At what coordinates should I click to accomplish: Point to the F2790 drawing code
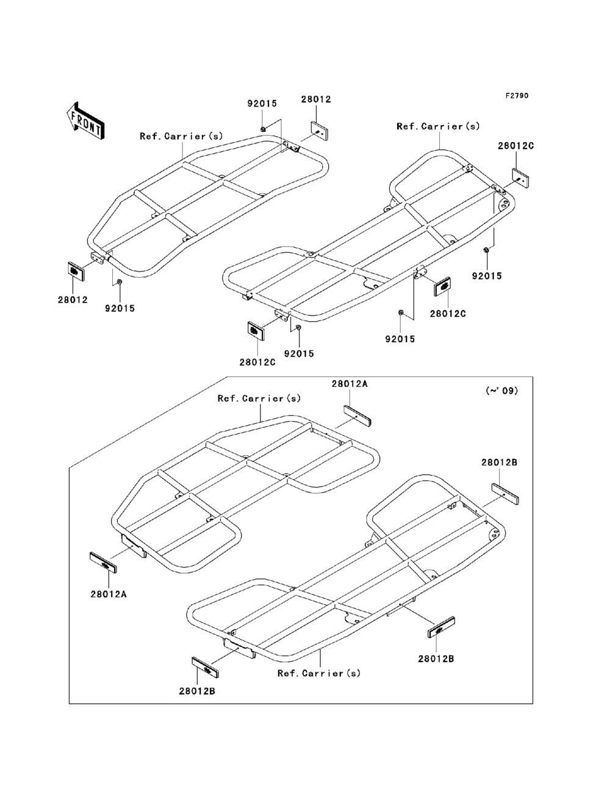click(516, 96)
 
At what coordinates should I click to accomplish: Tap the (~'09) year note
click(501, 391)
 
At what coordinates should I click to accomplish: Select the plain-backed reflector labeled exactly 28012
click(320, 130)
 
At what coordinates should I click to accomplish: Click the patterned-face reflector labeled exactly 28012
click(75, 270)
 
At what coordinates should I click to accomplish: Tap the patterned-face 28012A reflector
click(103, 562)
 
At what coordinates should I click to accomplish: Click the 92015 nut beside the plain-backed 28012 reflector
click(262, 129)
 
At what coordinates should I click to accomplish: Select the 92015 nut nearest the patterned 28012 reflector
click(120, 281)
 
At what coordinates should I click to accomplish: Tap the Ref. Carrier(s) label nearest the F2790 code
click(438, 126)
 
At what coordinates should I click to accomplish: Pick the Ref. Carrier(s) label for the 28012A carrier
click(259, 398)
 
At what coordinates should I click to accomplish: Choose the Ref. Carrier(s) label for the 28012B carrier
click(319, 673)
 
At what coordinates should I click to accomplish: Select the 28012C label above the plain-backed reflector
click(515, 146)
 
